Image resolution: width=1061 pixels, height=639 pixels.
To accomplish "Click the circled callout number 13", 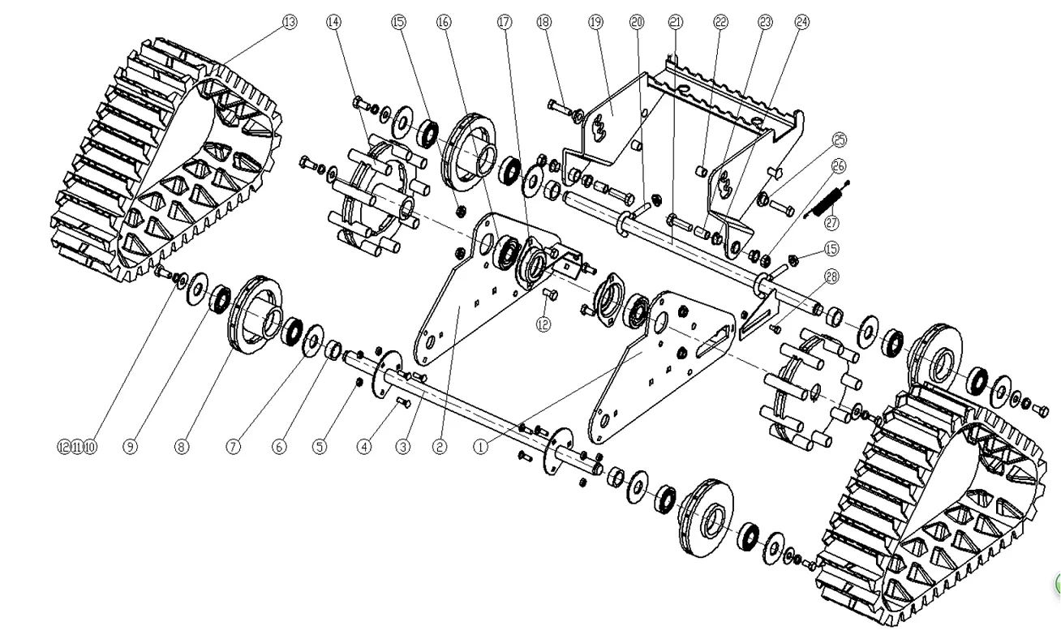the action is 290,22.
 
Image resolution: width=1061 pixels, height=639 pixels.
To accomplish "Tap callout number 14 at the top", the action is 334,22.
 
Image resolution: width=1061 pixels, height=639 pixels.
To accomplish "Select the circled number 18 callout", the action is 544,22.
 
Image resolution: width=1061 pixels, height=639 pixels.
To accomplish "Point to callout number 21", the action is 676,22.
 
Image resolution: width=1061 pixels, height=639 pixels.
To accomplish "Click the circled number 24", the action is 802,22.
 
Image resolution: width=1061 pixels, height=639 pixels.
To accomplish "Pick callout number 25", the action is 840,139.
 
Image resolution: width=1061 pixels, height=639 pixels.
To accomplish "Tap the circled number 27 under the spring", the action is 831,223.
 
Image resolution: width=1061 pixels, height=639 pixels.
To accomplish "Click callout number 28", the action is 831,277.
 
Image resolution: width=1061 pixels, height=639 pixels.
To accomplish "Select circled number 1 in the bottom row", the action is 480,447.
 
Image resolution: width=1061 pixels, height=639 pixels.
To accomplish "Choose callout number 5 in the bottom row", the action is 320,447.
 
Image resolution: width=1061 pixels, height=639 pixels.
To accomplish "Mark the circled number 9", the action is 131,447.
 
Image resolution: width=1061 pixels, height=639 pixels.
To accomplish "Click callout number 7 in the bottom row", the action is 233,447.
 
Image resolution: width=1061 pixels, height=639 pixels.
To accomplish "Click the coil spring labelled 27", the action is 827,199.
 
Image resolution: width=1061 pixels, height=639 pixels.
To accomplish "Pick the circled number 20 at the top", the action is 637,22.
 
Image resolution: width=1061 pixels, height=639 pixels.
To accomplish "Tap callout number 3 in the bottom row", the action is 403,447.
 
